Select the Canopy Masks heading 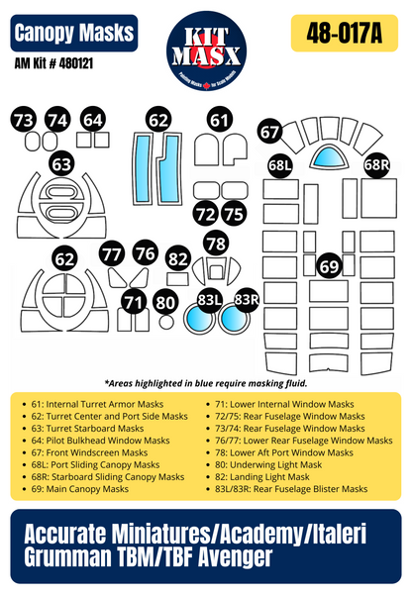tap(75, 34)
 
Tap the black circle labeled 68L tap(280, 166)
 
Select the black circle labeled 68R tap(376, 166)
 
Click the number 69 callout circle tap(329, 265)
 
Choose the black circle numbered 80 tap(165, 302)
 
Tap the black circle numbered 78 tap(215, 243)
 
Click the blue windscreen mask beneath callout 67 tap(328, 155)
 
